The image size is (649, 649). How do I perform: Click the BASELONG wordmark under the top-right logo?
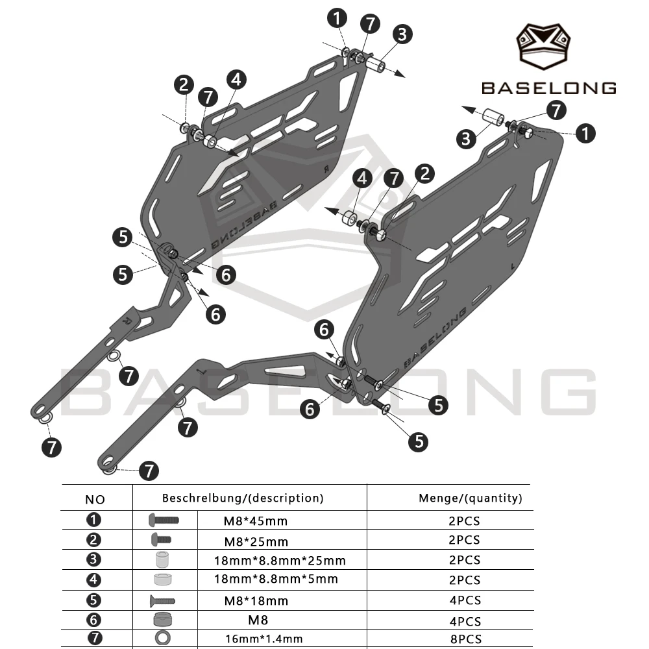pyautogui.click(x=549, y=88)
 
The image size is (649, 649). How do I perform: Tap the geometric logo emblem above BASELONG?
pyautogui.click(x=543, y=46)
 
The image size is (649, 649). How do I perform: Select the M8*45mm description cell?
pyautogui.click(x=255, y=521)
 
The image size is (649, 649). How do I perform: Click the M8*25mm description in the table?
pyautogui.click(x=256, y=541)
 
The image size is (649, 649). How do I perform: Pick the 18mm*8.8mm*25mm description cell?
pyautogui.click(x=280, y=561)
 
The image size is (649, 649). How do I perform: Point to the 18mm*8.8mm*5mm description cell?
pyautogui.click(x=276, y=579)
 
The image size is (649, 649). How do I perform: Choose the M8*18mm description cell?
pyautogui.click(x=256, y=600)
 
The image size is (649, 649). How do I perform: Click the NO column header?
pyautogui.click(x=95, y=500)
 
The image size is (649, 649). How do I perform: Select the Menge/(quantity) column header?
pyautogui.click(x=470, y=498)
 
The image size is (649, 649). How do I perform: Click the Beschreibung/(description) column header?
pyautogui.click(x=243, y=498)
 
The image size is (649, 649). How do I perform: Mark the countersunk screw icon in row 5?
pyautogui.click(x=162, y=600)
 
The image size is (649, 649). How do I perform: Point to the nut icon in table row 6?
pyautogui.click(x=162, y=620)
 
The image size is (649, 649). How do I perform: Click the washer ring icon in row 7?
pyautogui.click(x=163, y=638)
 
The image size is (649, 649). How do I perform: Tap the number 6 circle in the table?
pyautogui.click(x=93, y=620)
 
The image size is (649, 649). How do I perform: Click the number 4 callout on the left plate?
pyautogui.click(x=236, y=79)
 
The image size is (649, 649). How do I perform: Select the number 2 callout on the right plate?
pyautogui.click(x=424, y=174)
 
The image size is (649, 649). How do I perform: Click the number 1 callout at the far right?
pyautogui.click(x=585, y=134)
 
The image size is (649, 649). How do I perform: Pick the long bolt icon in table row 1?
pyautogui.click(x=164, y=520)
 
